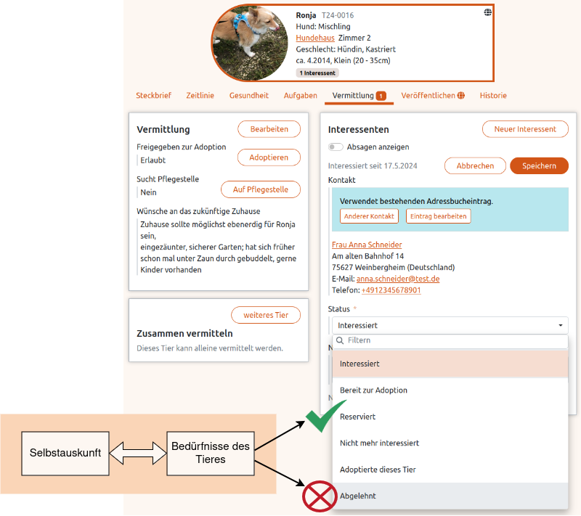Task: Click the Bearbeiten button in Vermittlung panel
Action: click(x=269, y=129)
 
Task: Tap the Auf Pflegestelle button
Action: click(x=261, y=189)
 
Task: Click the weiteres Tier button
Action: click(x=266, y=315)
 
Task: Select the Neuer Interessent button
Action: click(x=525, y=129)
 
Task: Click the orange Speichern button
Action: click(x=539, y=165)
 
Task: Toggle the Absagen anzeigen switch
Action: click(x=336, y=147)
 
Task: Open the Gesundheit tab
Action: click(x=249, y=96)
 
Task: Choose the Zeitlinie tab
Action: click(x=199, y=96)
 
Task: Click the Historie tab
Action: click(x=493, y=96)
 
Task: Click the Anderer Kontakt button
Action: click(x=369, y=216)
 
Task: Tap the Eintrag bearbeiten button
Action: click(x=438, y=216)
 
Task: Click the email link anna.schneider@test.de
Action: click(x=398, y=279)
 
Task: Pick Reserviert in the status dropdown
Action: click(x=357, y=417)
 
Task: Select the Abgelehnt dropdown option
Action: click(x=357, y=496)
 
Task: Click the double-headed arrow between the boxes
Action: click(x=138, y=454)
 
